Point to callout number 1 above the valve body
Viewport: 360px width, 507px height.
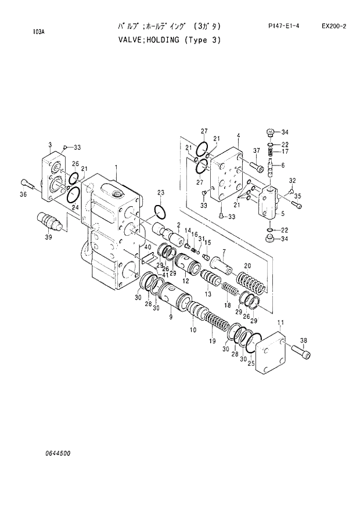(116, 167)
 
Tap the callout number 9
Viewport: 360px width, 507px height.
(171, 317)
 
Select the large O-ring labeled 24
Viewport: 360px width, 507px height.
(77, 192)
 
